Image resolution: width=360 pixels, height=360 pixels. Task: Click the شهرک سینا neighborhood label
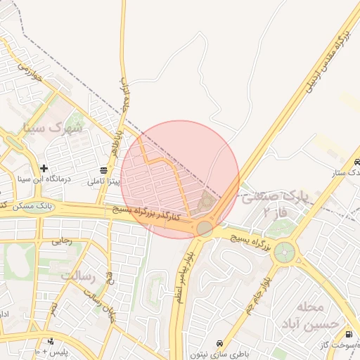pos(52,129)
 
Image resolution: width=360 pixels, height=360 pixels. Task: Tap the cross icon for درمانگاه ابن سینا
pos(44,168)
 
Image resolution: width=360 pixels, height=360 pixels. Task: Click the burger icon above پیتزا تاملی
pos(104,170)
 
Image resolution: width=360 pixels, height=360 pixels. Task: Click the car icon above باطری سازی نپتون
pos(221,343)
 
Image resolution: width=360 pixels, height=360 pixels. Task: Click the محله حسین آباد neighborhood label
pos(322,316)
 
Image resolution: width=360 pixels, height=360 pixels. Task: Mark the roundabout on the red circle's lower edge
pos(205,229)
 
